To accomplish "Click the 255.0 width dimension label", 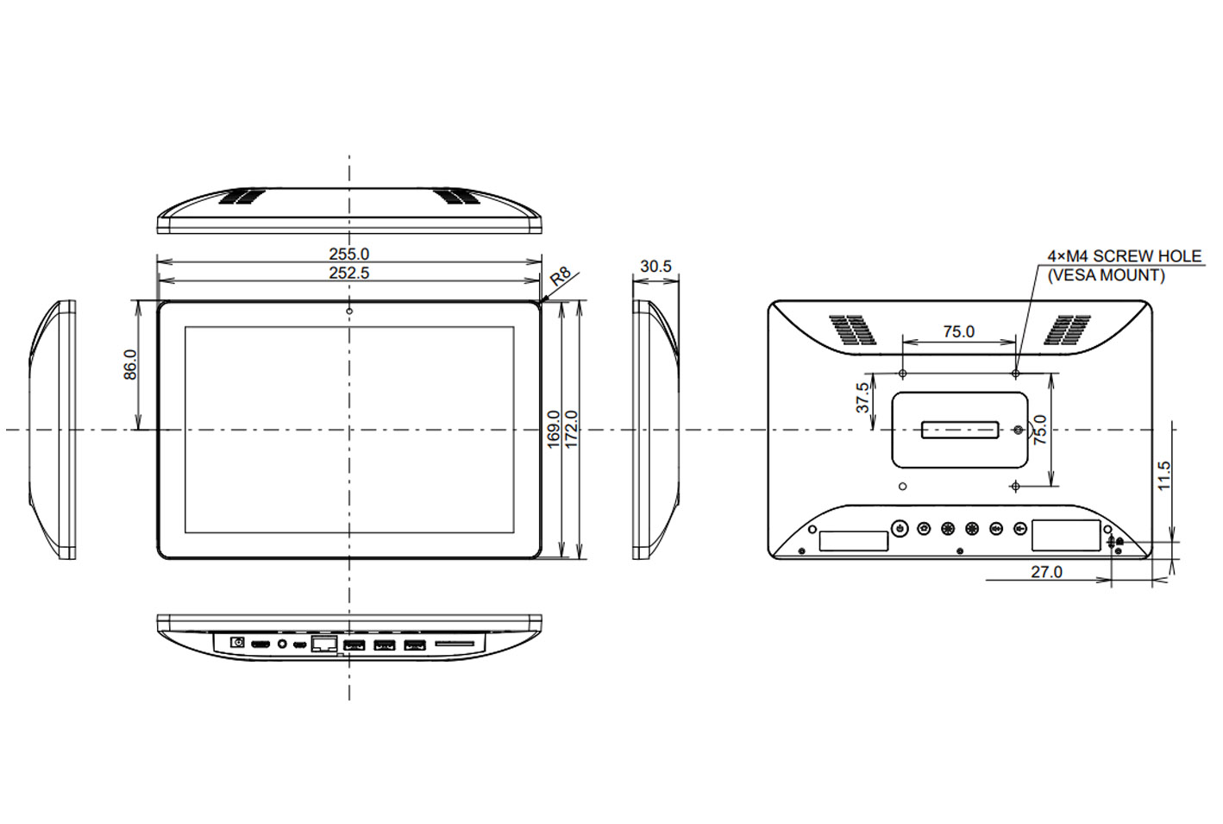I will click(348, 254).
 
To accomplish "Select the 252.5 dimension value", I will click(348, 273).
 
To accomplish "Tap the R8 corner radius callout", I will click(561, 277).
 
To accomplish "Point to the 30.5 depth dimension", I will click(655, 267).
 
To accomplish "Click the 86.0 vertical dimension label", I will click(130, 364).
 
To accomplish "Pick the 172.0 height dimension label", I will click(571, 429).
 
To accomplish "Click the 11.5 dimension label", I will click(1164, 476).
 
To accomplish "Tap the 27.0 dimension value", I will click(1046, 572).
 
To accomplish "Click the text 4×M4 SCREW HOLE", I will click(1124, 256).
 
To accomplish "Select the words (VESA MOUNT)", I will click(1106, 275).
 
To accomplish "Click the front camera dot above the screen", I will click(349, 311).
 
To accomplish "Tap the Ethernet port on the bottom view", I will click(323, 644).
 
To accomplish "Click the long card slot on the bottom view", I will click(455, 644).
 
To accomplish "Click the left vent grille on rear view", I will click(852, 330).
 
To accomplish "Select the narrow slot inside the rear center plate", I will click(959, 429).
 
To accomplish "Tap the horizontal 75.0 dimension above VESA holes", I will click(958, 331).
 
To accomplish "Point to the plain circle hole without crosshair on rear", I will click(902, 487).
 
